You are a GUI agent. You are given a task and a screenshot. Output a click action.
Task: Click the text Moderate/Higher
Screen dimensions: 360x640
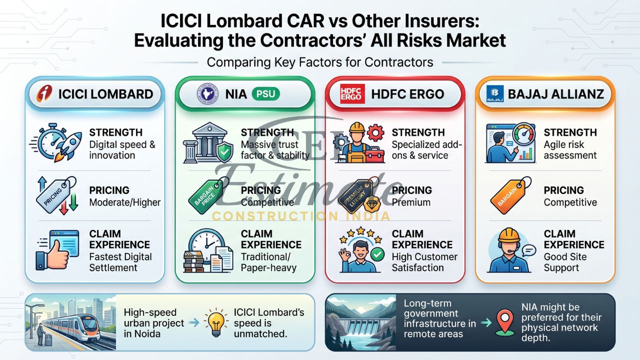(125, 202)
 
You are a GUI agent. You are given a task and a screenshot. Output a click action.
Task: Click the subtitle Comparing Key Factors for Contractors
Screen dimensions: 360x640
(320, 62)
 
